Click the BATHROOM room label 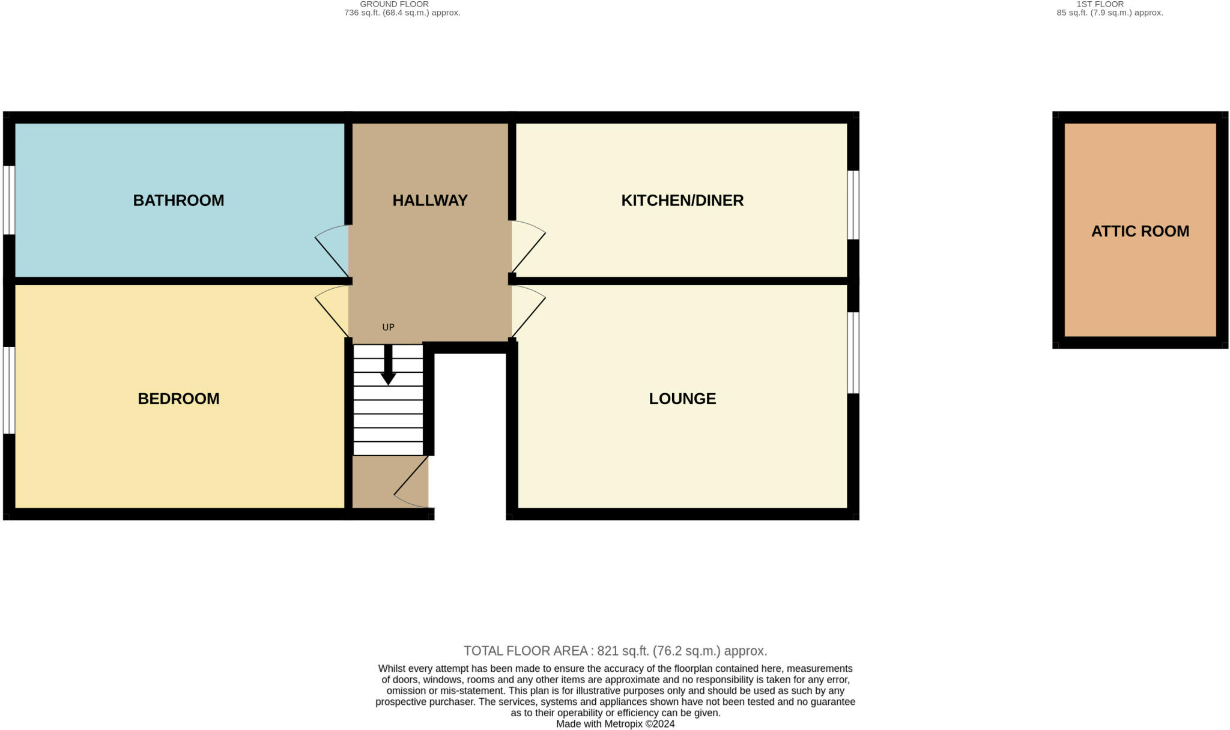point(178,201)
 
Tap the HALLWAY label point(430,201)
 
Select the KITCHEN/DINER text point(682,201)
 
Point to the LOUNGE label point(682,399)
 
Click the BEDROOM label point(178,399)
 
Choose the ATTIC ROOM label point(1140,231)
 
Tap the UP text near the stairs point(388,327)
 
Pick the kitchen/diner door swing point(527,246)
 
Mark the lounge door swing point(527,310)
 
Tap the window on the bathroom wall point(8,200)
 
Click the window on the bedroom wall point(8,390)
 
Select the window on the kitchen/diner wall point(853,205)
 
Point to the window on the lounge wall point(853,353)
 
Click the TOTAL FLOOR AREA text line point(615,651)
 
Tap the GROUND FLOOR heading point(395,4)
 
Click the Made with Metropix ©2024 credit point(615,724)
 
